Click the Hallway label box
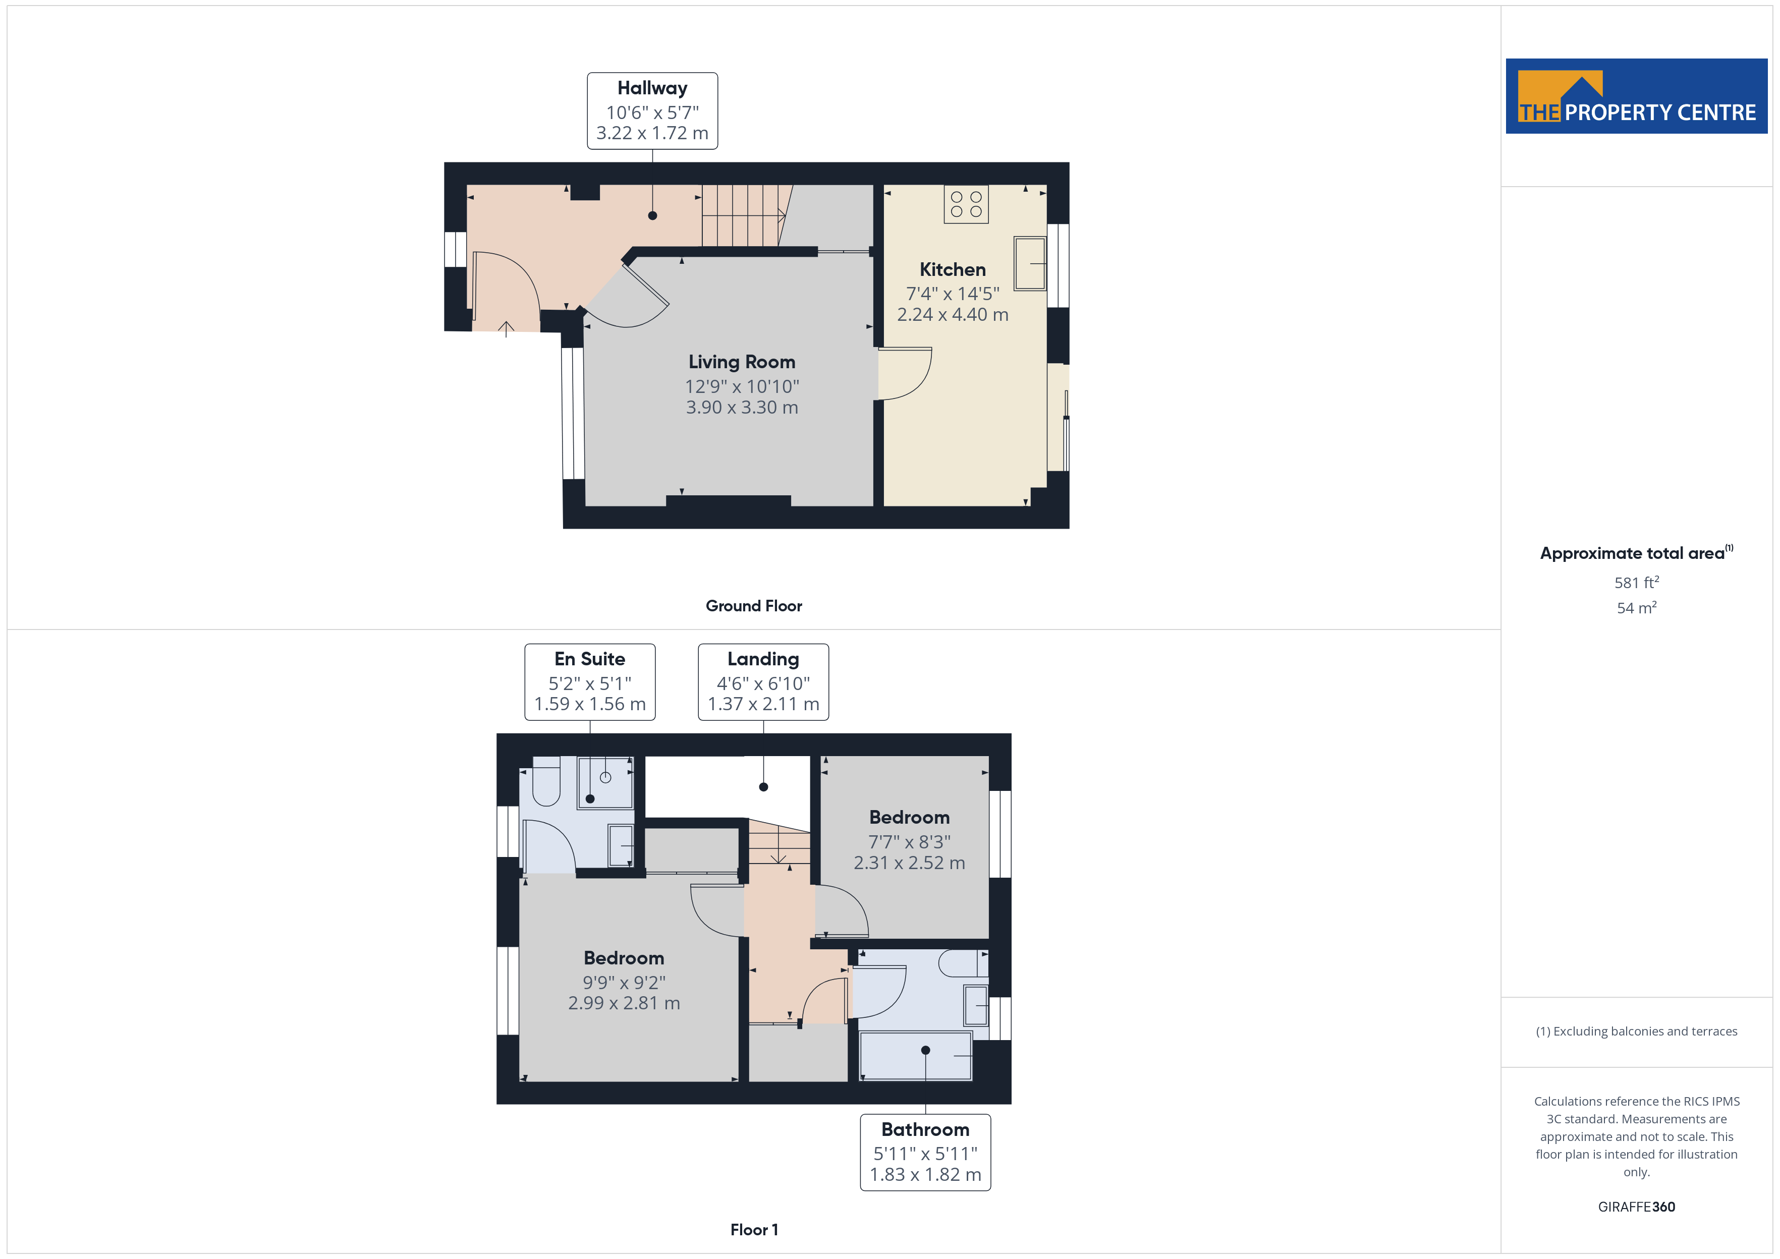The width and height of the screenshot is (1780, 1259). [x=652, y=111]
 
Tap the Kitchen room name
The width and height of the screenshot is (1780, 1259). [x=952, y=270]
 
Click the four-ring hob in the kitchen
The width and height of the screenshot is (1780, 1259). [x=966, y=204]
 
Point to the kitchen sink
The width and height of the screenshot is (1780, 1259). [x=1030, y=264]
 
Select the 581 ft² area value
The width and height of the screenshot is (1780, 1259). [x=1637, y=582]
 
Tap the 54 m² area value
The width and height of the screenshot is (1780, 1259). [x=1637, y=608]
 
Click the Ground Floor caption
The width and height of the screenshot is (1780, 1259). [x=754, y=606]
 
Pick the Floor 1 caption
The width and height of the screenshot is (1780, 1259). [x=754, y=1230]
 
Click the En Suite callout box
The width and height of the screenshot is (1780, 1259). [x=589, y=682]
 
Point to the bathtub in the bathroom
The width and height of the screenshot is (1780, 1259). [x=916, y=1056]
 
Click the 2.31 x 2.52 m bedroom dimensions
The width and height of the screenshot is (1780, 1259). [x=909, y=863]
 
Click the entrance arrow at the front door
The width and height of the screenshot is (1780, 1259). [x=506, y=329]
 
